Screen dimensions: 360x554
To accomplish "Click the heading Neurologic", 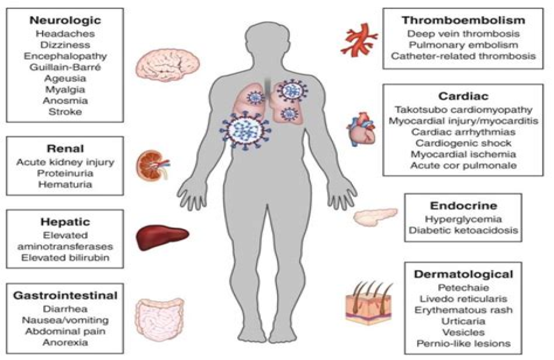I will [x=64, y=20].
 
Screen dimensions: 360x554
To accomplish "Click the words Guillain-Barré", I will [x=64, y=68].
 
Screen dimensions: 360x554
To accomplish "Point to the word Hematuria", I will [x=64, y=184].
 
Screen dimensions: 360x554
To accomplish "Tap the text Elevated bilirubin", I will [x=64, y=258].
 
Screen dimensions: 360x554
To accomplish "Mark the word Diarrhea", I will [x=64, y=307].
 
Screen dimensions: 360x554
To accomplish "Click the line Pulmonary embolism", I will [x=463, y=44].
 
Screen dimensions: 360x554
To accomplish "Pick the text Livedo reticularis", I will [x=463, y=299].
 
